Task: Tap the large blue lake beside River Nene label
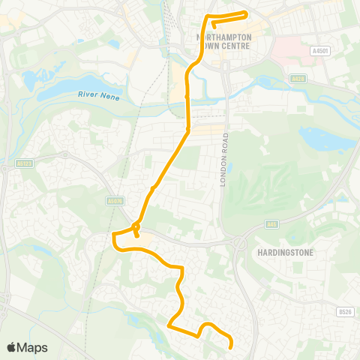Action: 56,82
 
